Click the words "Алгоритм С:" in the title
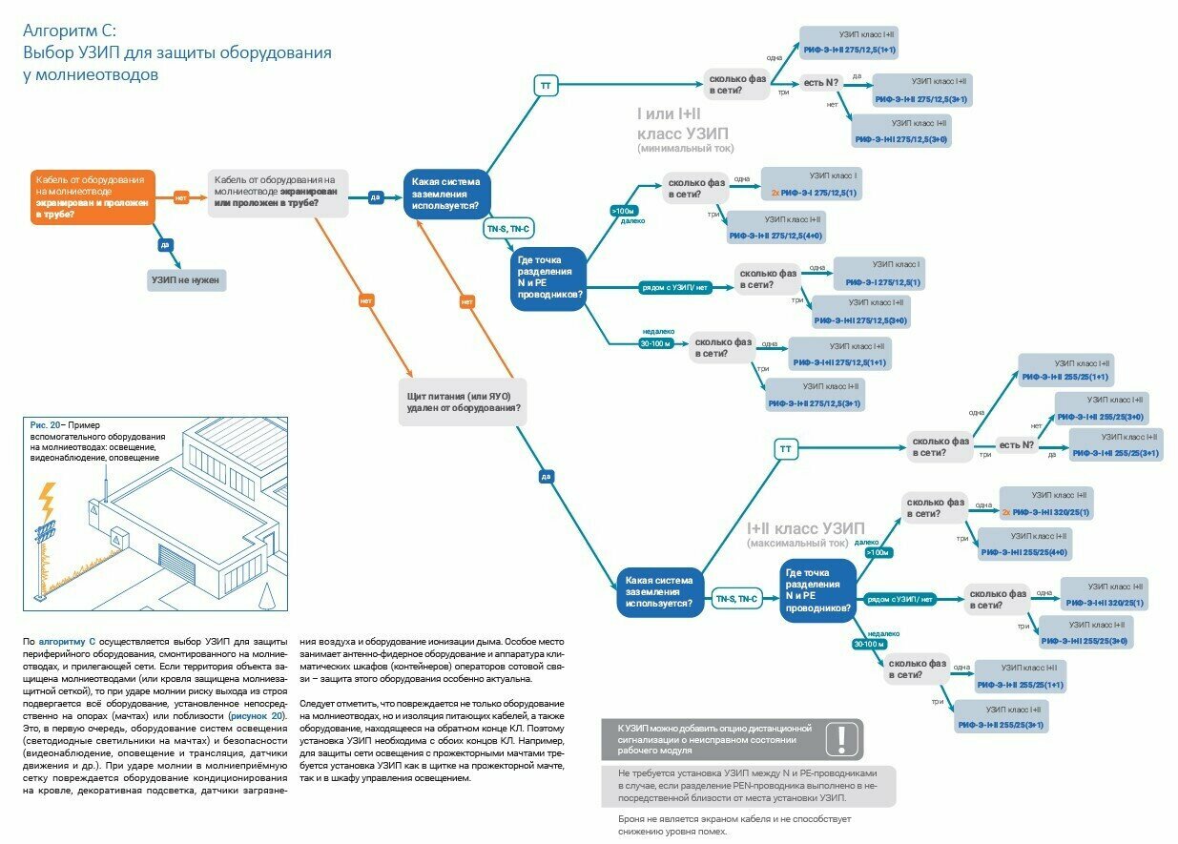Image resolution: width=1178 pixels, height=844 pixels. pos(70,31)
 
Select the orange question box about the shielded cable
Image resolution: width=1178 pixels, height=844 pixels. pos(93,197)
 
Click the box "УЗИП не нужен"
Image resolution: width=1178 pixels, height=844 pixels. pos(185,280)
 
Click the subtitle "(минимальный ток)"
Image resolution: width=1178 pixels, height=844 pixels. pos(685,148)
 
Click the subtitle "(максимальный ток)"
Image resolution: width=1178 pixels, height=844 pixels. pos(797,544)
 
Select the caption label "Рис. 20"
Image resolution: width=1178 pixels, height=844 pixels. pos(46,424)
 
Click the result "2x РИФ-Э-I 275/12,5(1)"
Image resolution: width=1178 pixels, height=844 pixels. pos(814,193)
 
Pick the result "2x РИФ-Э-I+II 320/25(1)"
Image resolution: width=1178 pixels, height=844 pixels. pos(1045,512)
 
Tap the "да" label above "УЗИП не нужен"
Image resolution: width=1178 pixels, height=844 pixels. pos(166,245)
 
